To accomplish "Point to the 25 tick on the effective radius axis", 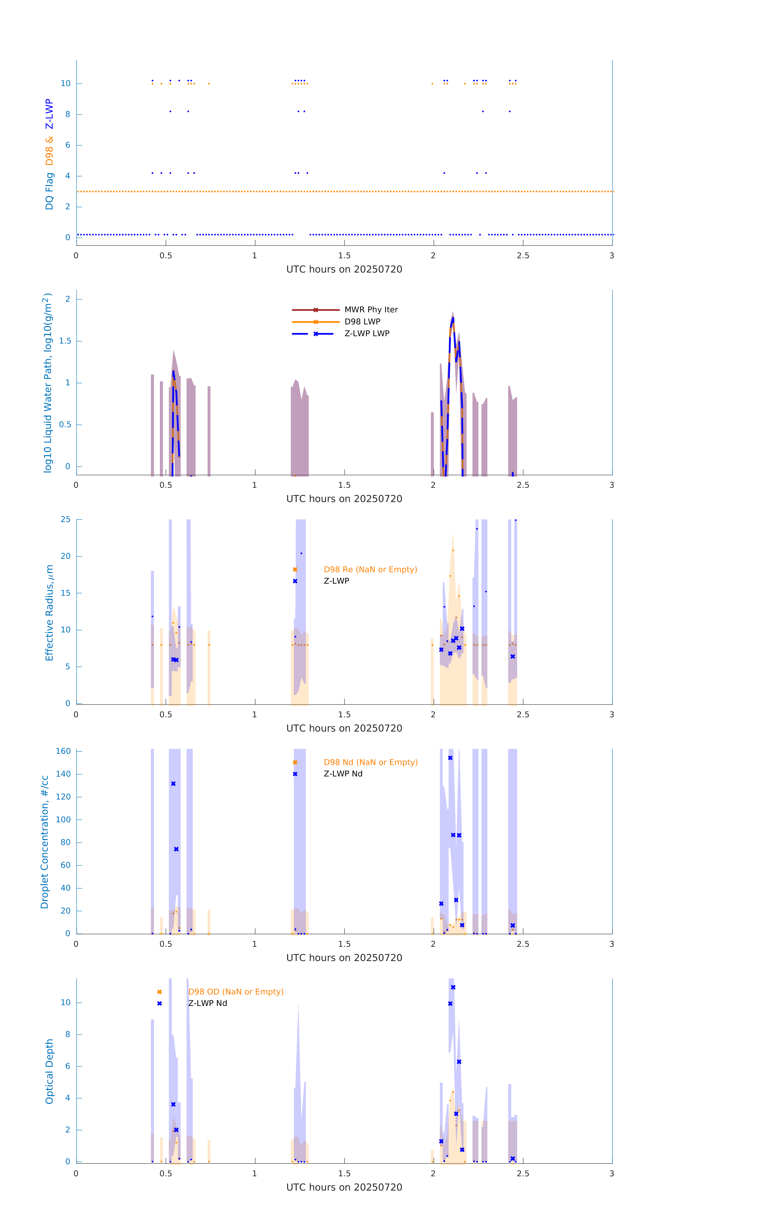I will point(65,520).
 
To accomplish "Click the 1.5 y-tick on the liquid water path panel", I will point(65,341).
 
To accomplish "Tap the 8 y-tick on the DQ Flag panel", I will point(67,114).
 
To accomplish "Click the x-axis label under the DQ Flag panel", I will point(344,269).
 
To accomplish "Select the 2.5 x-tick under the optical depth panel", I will point(523,1174).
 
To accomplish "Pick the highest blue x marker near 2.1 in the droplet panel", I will point(450,758).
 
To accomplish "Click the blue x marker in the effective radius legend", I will point(295,581).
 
